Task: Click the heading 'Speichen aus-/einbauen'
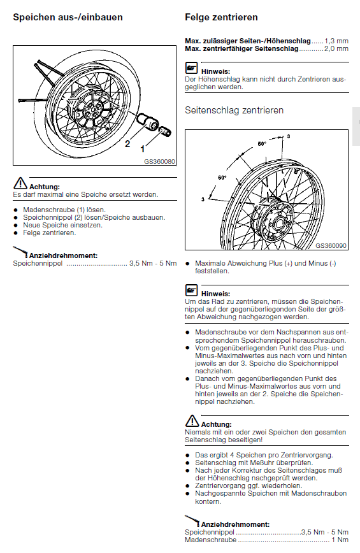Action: (x=68, y=17)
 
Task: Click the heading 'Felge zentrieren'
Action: (x=221, y=17)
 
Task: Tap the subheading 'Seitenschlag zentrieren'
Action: (x=234, y=110)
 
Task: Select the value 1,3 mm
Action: (x=336, y=41)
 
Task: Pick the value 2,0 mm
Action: (x=336, y=48)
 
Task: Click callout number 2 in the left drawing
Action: (x=127, y=143)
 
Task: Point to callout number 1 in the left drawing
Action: (x=143, y=149)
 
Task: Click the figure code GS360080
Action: (x=159, y=162)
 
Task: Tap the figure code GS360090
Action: (x=331, y=245)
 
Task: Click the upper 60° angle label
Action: (x=262, y=143)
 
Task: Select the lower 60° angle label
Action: (x=222, y=177)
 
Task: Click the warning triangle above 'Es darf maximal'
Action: (x=20, y=183)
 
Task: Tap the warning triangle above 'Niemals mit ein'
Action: (x=192, y=420)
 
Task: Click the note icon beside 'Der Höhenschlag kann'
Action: (x=191, y=68)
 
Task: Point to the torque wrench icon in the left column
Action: (x=20, y=252)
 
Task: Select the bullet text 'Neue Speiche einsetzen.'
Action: (x=63, y=225)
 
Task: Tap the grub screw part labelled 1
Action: (x=165, y=131)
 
